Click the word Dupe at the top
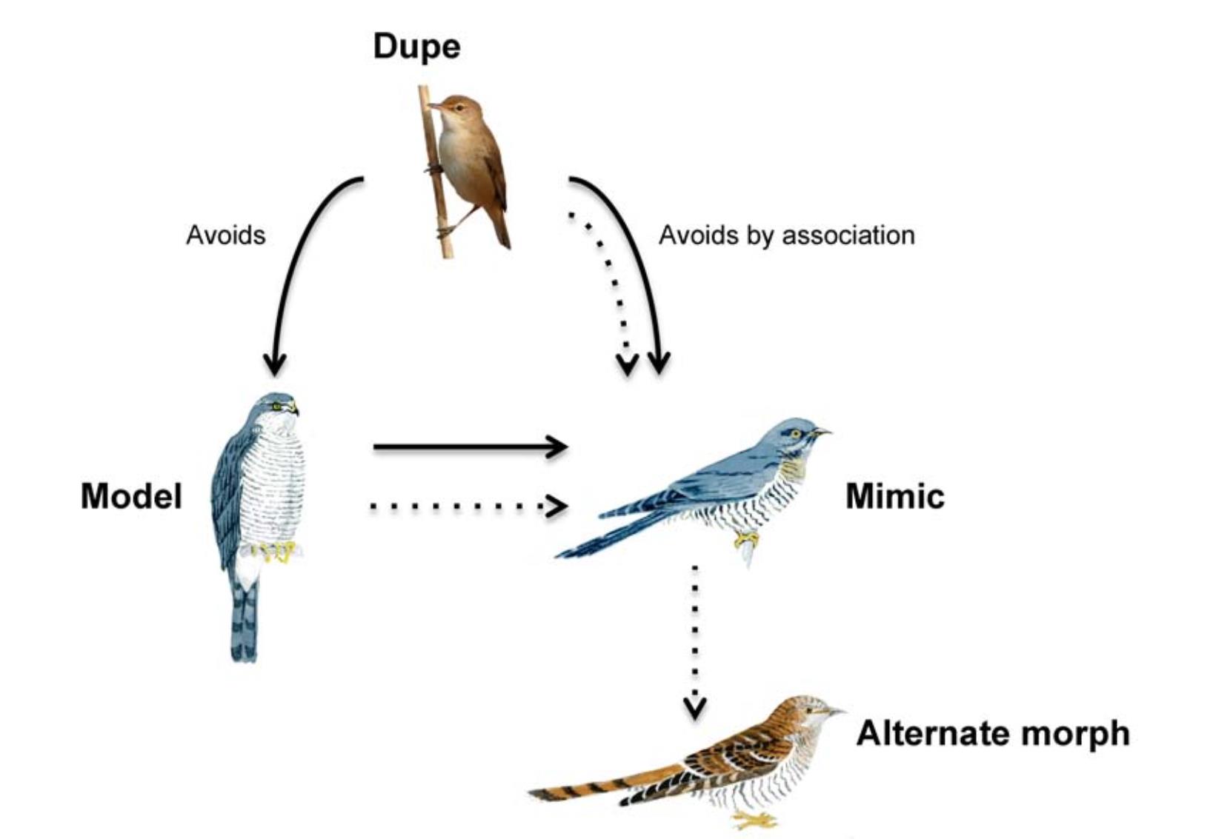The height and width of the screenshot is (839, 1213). pos(416,47)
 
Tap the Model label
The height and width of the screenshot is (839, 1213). pos(131,496)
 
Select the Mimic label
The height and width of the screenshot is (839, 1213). pos(894,496)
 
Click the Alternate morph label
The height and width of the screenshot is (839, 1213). pos(992,733)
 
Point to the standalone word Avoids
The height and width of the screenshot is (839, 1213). pos(225,235)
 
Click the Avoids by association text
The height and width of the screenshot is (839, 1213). pos(786,235)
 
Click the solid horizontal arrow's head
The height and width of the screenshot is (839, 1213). pos(559,447)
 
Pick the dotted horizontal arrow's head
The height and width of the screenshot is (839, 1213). pos(559,506)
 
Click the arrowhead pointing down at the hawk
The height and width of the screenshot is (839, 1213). pos(275,364)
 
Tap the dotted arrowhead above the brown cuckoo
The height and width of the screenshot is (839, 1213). pos(694,707)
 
